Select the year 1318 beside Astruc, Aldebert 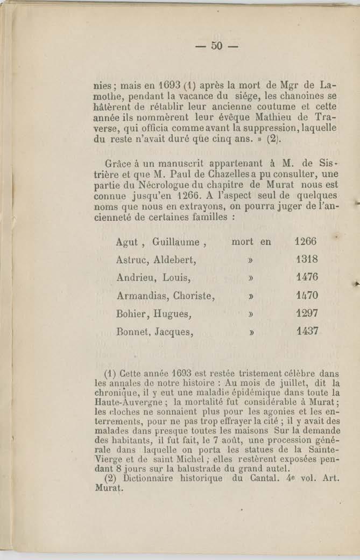pos(307,260)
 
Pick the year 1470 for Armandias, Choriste pos(307,295)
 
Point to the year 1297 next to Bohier pos(307,313)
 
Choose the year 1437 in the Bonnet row pos(307,331)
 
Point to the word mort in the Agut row pos(242,242)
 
